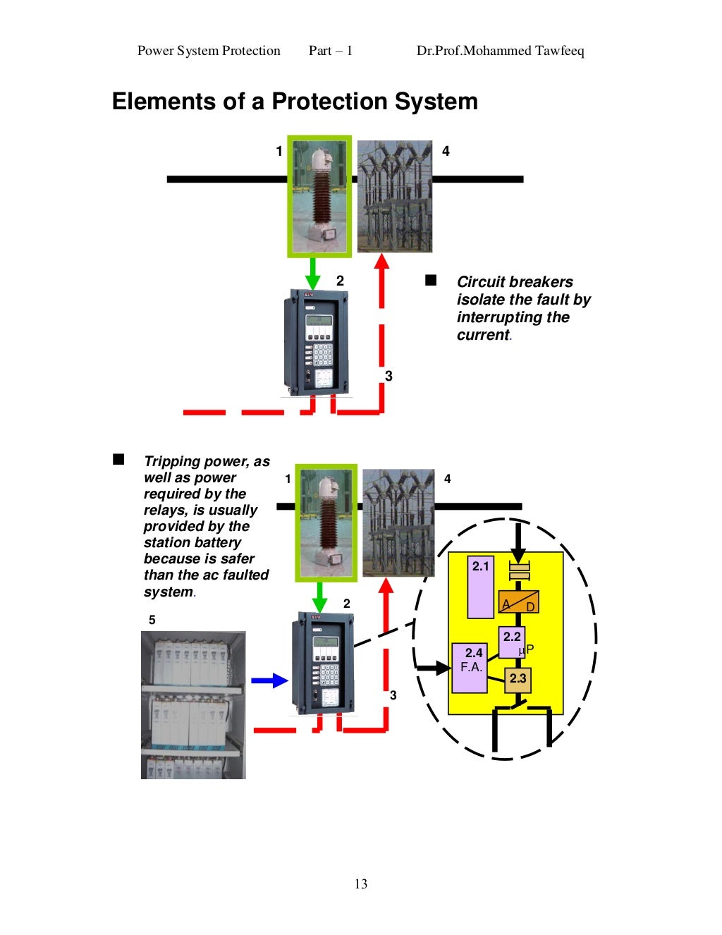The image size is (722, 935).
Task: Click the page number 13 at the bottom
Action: [x=361, y=884]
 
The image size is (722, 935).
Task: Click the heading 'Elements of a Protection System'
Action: [x=295, y=102]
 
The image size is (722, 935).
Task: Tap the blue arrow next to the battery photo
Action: [x=269, y=680]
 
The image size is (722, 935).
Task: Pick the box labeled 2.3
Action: [x=518, y=678]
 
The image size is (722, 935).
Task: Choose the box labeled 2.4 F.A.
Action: [x=470, y=667]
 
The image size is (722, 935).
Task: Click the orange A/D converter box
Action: [x=518, y=601]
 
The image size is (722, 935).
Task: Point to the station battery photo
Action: [x=193, y=705]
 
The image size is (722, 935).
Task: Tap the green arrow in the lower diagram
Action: [x=319, y=597]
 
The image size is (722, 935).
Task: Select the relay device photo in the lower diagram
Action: [x=323, y=663]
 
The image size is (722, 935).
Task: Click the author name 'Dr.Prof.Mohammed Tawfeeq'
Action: [x=500, y=51]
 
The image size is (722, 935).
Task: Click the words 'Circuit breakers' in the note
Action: [x=515, y=282]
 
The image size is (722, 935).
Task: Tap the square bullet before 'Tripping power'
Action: [x=118, y=460]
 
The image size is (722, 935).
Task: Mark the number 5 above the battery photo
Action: [x=152, y=620]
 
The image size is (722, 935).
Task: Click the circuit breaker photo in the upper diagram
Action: [x=394, y=196]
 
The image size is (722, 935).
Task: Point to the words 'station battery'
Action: [x=192, y=542]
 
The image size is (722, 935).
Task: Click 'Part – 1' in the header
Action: [x=330, y=51]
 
